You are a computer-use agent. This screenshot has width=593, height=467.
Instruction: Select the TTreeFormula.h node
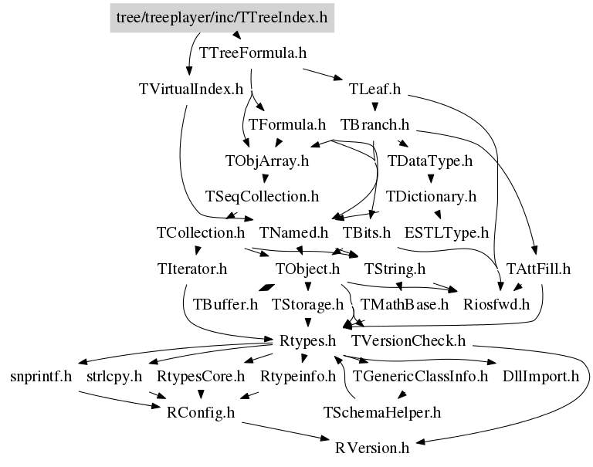click(253, 53)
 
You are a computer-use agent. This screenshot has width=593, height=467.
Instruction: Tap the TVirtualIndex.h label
click(191, 89)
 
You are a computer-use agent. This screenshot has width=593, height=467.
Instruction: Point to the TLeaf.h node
click(374, 89)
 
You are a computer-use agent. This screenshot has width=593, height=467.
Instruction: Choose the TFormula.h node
click(288, 124)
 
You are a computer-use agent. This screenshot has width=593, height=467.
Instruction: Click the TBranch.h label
click(374, 124)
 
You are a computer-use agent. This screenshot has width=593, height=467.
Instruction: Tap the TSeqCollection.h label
click(262, 196)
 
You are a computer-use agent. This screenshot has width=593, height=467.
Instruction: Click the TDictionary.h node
click(431, 196)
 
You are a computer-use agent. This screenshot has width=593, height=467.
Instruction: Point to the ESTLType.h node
click(446, 232)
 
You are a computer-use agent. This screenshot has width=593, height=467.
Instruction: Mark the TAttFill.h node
click(538, 269)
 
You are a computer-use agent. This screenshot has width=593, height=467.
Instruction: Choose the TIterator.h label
click(191, 269)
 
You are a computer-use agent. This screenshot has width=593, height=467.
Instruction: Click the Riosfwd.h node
click(496, 304)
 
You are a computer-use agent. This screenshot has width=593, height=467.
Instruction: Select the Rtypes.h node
click(306, 340)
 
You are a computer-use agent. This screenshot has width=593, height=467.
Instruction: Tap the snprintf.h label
click(41, 377)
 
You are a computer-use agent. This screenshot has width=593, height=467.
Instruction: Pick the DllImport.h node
click(540, 377)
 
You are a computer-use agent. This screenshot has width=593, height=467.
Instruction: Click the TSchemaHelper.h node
click(381, 412)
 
